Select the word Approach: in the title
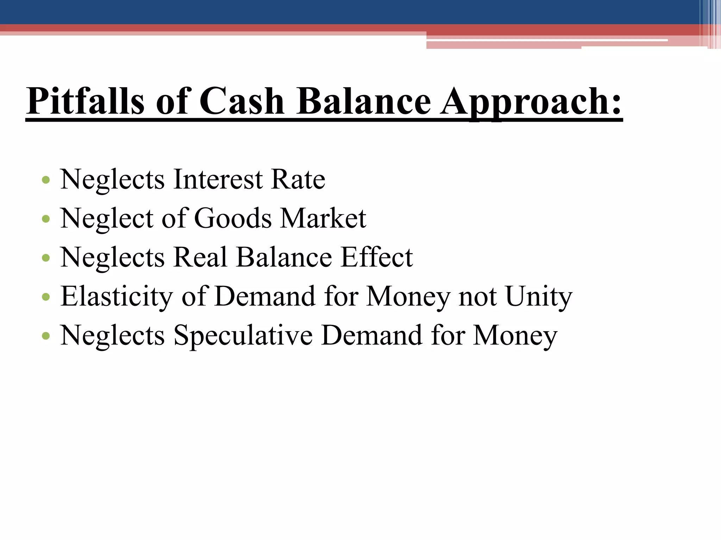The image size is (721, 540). click(532, 102)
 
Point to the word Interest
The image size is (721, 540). click(218, 180)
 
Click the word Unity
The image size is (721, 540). click(539, 296)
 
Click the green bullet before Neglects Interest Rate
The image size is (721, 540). click(46, 180)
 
